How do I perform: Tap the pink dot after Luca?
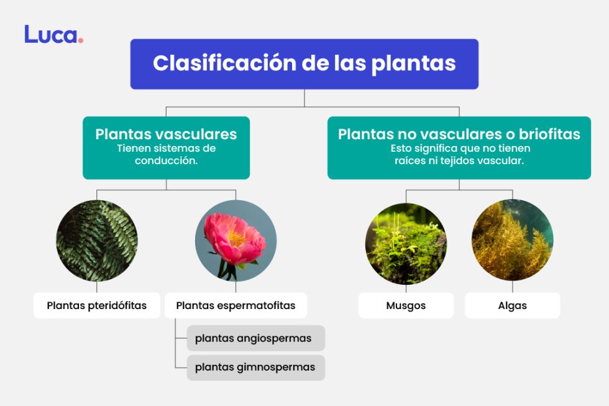point(81,41)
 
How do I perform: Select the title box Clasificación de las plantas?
point(304,64)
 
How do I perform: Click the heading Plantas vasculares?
point(166,134)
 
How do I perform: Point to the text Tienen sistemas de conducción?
point(166,154)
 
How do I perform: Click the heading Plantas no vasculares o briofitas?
point(459,134)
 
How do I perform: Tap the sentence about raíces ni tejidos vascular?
point(459,160)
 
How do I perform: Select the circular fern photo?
point(97,240)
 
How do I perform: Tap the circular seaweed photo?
point(512,240)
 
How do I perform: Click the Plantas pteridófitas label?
point(97,305)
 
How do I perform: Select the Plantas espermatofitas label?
point(236,305)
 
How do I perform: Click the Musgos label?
point(406,305)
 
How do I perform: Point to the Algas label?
point(512,305)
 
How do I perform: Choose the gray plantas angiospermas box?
point(255,338)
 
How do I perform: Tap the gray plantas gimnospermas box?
point(255,367)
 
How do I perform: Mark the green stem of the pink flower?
point(222,269)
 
